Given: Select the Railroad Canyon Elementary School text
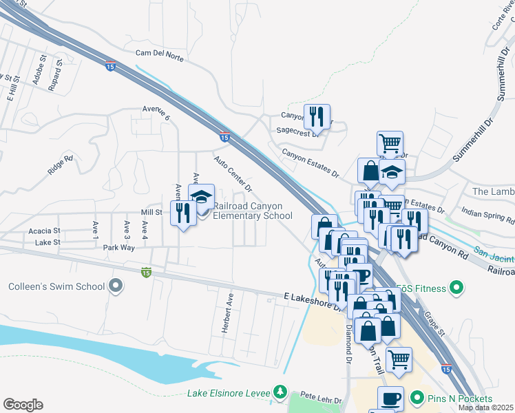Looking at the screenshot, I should point(253,211).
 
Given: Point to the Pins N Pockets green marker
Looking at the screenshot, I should point(417,399).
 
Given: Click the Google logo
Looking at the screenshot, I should point(23,405).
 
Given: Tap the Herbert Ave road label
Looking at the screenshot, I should point(227,314).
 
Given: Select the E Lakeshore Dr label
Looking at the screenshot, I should point(314,300).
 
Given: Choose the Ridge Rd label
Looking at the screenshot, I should point(61,167).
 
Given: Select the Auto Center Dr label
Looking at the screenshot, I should point(233,173).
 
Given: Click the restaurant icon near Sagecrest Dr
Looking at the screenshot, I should point(317,116).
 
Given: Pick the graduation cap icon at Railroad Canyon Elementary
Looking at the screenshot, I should point(201,195).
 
